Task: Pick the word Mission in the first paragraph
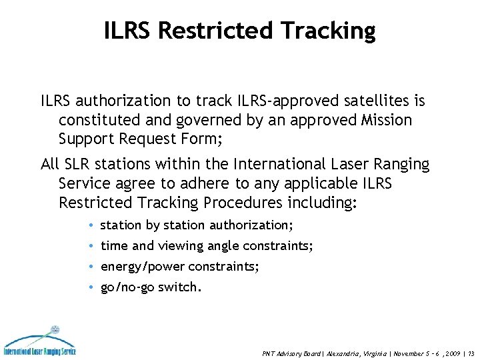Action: [x=389, y=121]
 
